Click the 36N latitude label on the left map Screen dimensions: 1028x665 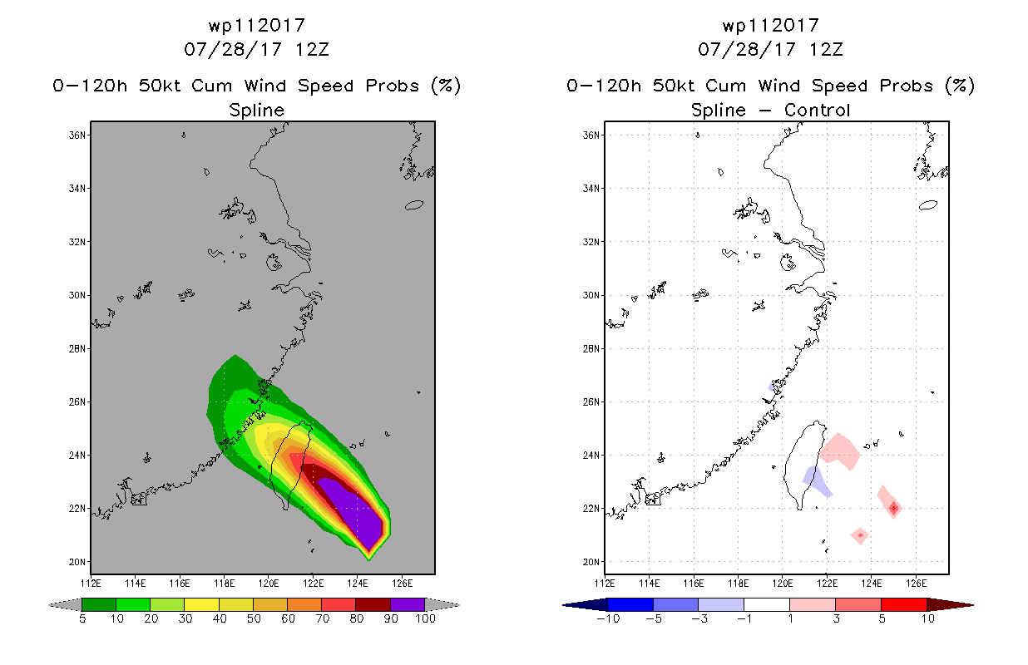coord(77,135)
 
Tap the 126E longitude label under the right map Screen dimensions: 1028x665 coord(916,584)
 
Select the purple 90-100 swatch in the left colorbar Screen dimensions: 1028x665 coord(408,604)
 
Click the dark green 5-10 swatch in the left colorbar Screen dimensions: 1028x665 coord(99,604)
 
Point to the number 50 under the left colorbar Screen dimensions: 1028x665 coord(254,618)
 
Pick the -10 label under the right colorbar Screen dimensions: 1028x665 coord(608,618)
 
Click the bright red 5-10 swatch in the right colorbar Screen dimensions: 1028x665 coord(903,604)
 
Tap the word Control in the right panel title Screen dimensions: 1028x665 coord(817,110)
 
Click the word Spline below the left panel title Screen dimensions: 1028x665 coord(256,111)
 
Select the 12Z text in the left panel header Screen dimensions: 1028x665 coord(312,49)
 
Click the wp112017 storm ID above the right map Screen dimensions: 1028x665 coord(770,25)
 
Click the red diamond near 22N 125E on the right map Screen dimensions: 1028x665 coord(893,508)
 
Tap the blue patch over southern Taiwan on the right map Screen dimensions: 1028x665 coord(817,481)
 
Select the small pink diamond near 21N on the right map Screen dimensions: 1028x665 coord(860,535)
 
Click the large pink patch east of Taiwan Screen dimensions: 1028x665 coord(840,451)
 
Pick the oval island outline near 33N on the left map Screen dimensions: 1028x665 coord(414,205)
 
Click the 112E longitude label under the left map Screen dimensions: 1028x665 coord(91,584)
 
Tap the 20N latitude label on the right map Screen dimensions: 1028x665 coord(591,562)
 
